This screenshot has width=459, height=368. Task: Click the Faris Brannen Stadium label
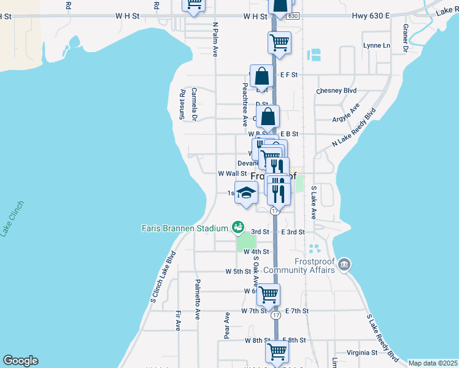pos(185,228)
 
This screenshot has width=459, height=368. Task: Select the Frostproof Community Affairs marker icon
pos(344,264)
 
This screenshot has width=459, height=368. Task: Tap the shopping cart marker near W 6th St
pos(268,294)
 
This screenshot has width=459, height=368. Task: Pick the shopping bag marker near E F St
pos(261,77)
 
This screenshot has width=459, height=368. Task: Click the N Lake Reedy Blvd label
pos(353,128)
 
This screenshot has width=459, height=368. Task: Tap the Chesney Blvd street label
pos(336,91)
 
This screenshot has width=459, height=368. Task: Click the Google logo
pos(20,361)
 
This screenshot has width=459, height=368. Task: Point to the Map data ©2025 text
pos(433,363)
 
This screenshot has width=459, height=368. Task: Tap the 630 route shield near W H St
pos(293,17)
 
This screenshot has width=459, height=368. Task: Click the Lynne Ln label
pos(376,45)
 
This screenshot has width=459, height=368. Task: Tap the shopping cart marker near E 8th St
pos(277,351)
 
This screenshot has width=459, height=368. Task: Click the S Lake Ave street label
pos(313,203)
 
